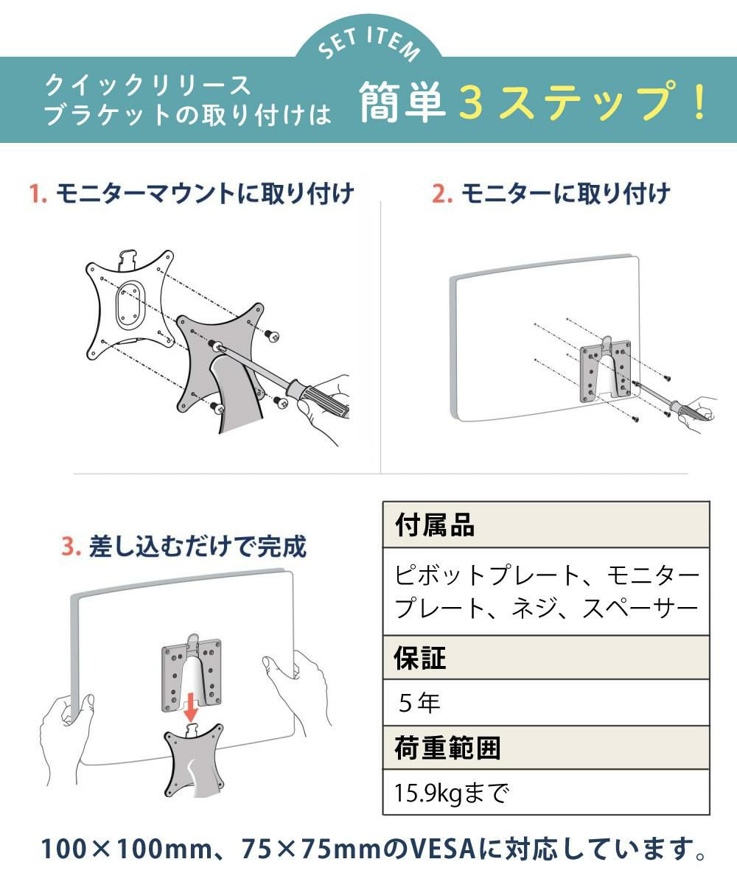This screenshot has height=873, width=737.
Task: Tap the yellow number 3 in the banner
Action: click(471, 102)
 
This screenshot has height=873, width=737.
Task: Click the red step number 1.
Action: click(37, 194)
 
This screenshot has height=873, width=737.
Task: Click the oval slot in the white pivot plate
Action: click(130, 304)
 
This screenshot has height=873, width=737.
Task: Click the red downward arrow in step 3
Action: click(191, 707)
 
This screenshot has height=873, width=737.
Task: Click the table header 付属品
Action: click(435, 525)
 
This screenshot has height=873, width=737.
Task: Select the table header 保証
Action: click(420, 658)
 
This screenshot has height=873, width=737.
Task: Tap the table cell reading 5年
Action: click(419, 703)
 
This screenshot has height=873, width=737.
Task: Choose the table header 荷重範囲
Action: click(447, 748)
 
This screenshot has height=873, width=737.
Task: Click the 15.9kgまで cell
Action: click(452, 793)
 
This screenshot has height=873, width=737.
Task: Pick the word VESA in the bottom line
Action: click(444, 849)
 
